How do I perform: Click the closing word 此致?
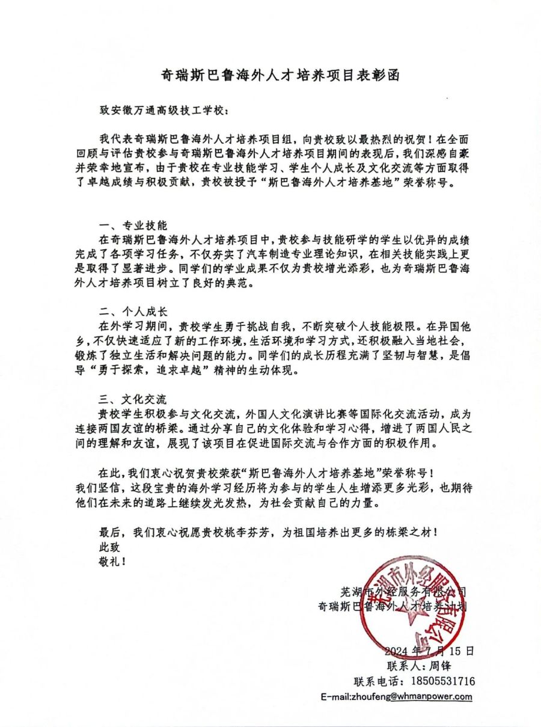coord(109,547)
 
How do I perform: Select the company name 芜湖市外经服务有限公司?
coord(403,592)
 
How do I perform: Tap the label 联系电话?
coord(374,681)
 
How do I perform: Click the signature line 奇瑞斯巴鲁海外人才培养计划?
coord(393,607)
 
